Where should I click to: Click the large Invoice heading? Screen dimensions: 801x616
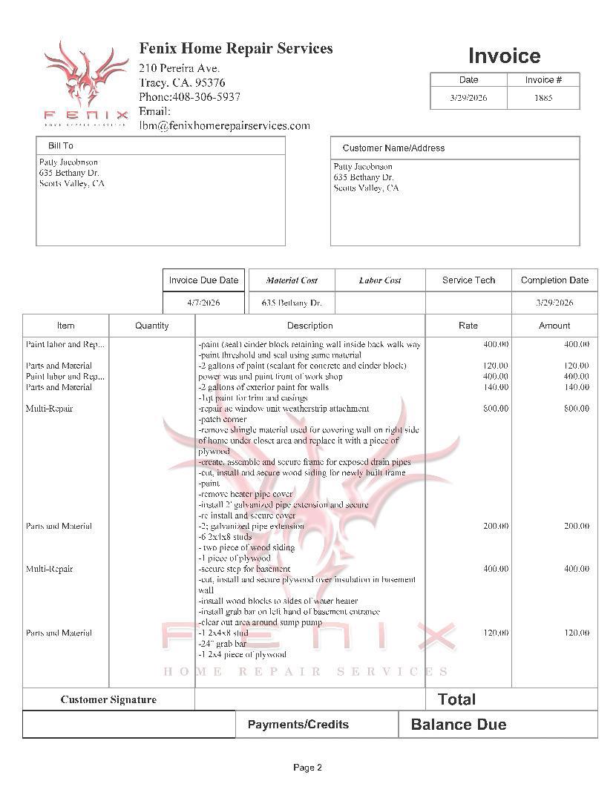pyautogui.click(x=504, y=56)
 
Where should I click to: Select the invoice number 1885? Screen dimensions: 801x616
pyautogui.click(x=543, y=98)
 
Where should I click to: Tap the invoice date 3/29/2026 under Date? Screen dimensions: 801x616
pyautogui.click(x=468, y=98)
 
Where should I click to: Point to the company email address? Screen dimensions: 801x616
pyautogui.click(x=224, y=125)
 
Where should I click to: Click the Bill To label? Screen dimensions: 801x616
pyautogui.click(x=61, y=146)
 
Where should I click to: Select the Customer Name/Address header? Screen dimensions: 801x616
pyautogui.click(x=393, y=148)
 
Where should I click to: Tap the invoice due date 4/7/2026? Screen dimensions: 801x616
pyautogui.click(x=203, y=303)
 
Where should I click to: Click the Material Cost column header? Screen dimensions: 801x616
pyautogui.click(x=292, y=280)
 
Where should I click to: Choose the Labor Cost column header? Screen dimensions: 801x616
pyautogui.click(x=380, y=280)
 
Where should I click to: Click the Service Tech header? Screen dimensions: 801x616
pyautogui.click(x=468, y=280)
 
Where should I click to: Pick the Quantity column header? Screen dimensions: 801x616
pyautogui.click(x=151, y=326)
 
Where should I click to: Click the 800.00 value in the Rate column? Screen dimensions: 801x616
pyautogui.click(x=495, y=409)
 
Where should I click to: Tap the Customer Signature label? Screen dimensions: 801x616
pyautogui.click(x=108, y=699)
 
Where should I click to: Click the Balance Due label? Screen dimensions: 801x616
pyautogui.click(x=458, y=725)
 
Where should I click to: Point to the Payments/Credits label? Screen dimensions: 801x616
pyautogui.click(x=298, y=725)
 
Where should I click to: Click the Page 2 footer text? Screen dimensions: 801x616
pyautogui.click(x=307, y=768)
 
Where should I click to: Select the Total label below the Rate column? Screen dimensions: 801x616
pyautogui.click(x=456, y=699)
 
